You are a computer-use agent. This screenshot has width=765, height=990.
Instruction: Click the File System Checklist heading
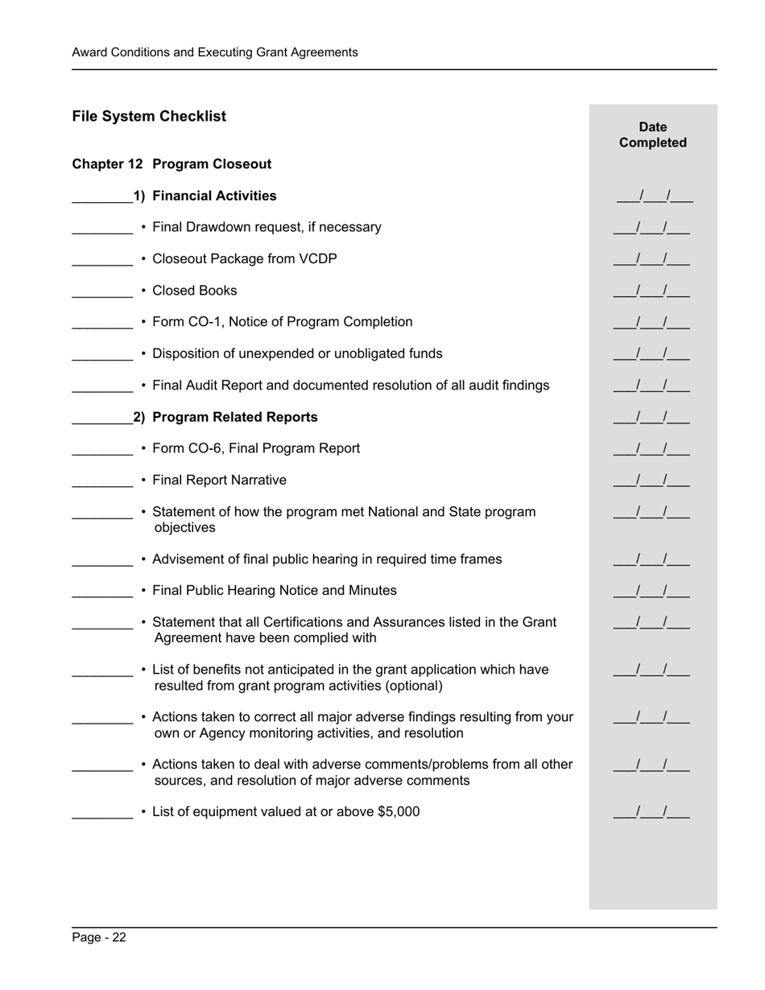[x=149, y=116]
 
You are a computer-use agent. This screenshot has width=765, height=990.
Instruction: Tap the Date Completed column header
[x=652, y=134]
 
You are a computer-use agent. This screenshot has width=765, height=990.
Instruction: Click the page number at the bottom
[x=98, y=937]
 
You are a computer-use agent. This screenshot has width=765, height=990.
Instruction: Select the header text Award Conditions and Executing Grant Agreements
[x=214, y=52]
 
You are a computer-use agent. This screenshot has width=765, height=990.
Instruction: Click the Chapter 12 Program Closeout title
[x=172, y=164]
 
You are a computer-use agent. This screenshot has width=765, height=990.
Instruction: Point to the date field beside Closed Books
[x=651, y=291]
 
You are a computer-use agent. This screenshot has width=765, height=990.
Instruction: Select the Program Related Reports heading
[x=234, y=417]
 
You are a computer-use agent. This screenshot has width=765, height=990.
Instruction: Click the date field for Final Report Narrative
[x=651, y=481]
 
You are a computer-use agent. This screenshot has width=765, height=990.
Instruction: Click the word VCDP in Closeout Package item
[x=319, y=259]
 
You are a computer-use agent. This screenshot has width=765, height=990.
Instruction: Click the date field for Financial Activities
[x=655, y=196]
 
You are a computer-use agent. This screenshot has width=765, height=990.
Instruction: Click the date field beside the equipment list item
[x=651, y=812]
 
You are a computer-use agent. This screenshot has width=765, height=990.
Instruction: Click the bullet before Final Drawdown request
[x=143, y=228]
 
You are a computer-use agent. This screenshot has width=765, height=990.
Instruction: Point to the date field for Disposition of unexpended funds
[x=651, y=354]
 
